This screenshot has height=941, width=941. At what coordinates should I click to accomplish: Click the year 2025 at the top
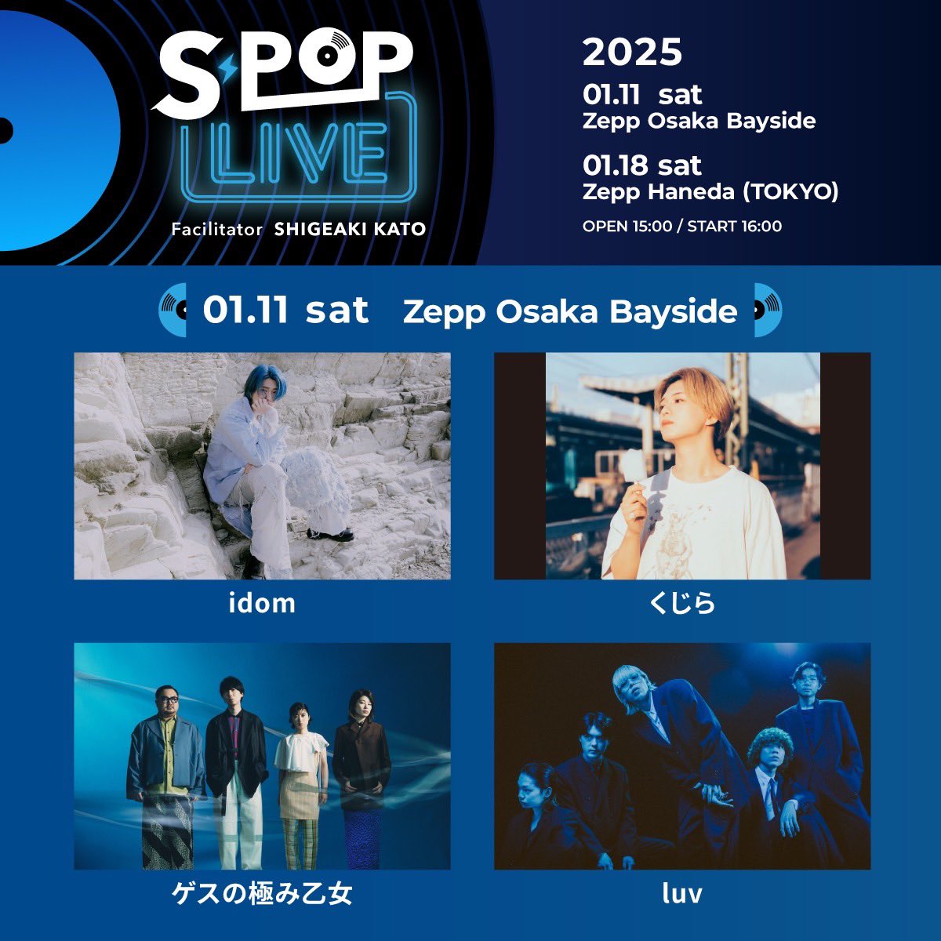point(632,53)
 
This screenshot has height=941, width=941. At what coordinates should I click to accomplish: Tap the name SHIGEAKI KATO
point(350,229)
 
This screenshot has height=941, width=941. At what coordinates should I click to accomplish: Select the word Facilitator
point(216,229)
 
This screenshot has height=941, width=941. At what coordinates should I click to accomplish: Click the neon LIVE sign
point(299,152)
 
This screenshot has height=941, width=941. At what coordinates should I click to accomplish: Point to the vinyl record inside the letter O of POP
point(340,53)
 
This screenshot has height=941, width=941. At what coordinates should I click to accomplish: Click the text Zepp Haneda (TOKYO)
point(710,191)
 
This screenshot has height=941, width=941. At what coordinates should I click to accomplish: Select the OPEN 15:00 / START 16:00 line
point(681,227)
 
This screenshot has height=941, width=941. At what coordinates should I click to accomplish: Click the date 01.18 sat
point(641,165)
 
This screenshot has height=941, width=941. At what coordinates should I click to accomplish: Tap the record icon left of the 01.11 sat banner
point(174,310)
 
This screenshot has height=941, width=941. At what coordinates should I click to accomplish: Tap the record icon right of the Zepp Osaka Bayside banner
point(767,310)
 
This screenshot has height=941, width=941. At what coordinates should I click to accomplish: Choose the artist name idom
point(262,603)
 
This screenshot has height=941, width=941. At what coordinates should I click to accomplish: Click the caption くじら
point(681,603)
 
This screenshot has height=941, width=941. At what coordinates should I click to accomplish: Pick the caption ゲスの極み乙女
point(262,894)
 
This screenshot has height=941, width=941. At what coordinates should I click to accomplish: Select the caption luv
point(681,894)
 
